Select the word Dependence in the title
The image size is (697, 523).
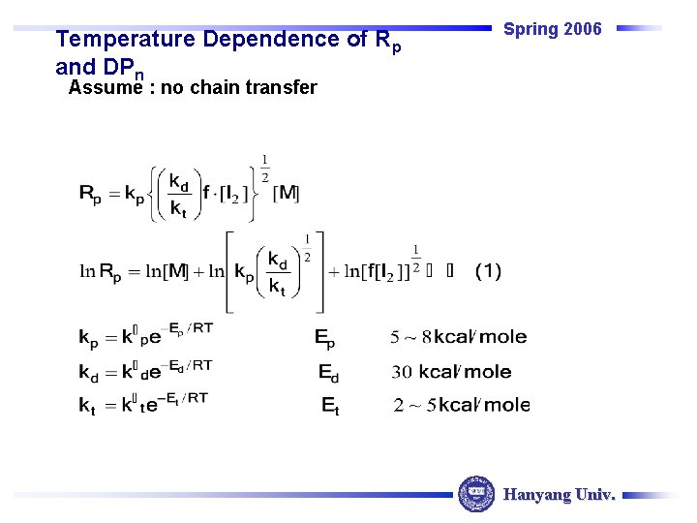pos(256,40)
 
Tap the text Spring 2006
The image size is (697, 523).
pos(553,29)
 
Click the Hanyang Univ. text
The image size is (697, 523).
pos(559,495)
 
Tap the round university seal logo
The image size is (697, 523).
pos(476,494)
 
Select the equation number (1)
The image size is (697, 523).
pos(488,271)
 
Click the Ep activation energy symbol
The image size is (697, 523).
pos(325,337)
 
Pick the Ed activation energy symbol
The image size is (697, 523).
pos(328,372)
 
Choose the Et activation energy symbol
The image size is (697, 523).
pos(330,406)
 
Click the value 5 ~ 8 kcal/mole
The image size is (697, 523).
pos(459,337)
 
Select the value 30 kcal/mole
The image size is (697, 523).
pos(451,372)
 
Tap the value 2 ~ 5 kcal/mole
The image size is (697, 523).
pos(462,405)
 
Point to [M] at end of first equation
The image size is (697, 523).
pos(287,194)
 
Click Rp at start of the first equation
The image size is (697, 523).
pos(90,195)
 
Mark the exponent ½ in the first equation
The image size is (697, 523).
pos(264,167)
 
